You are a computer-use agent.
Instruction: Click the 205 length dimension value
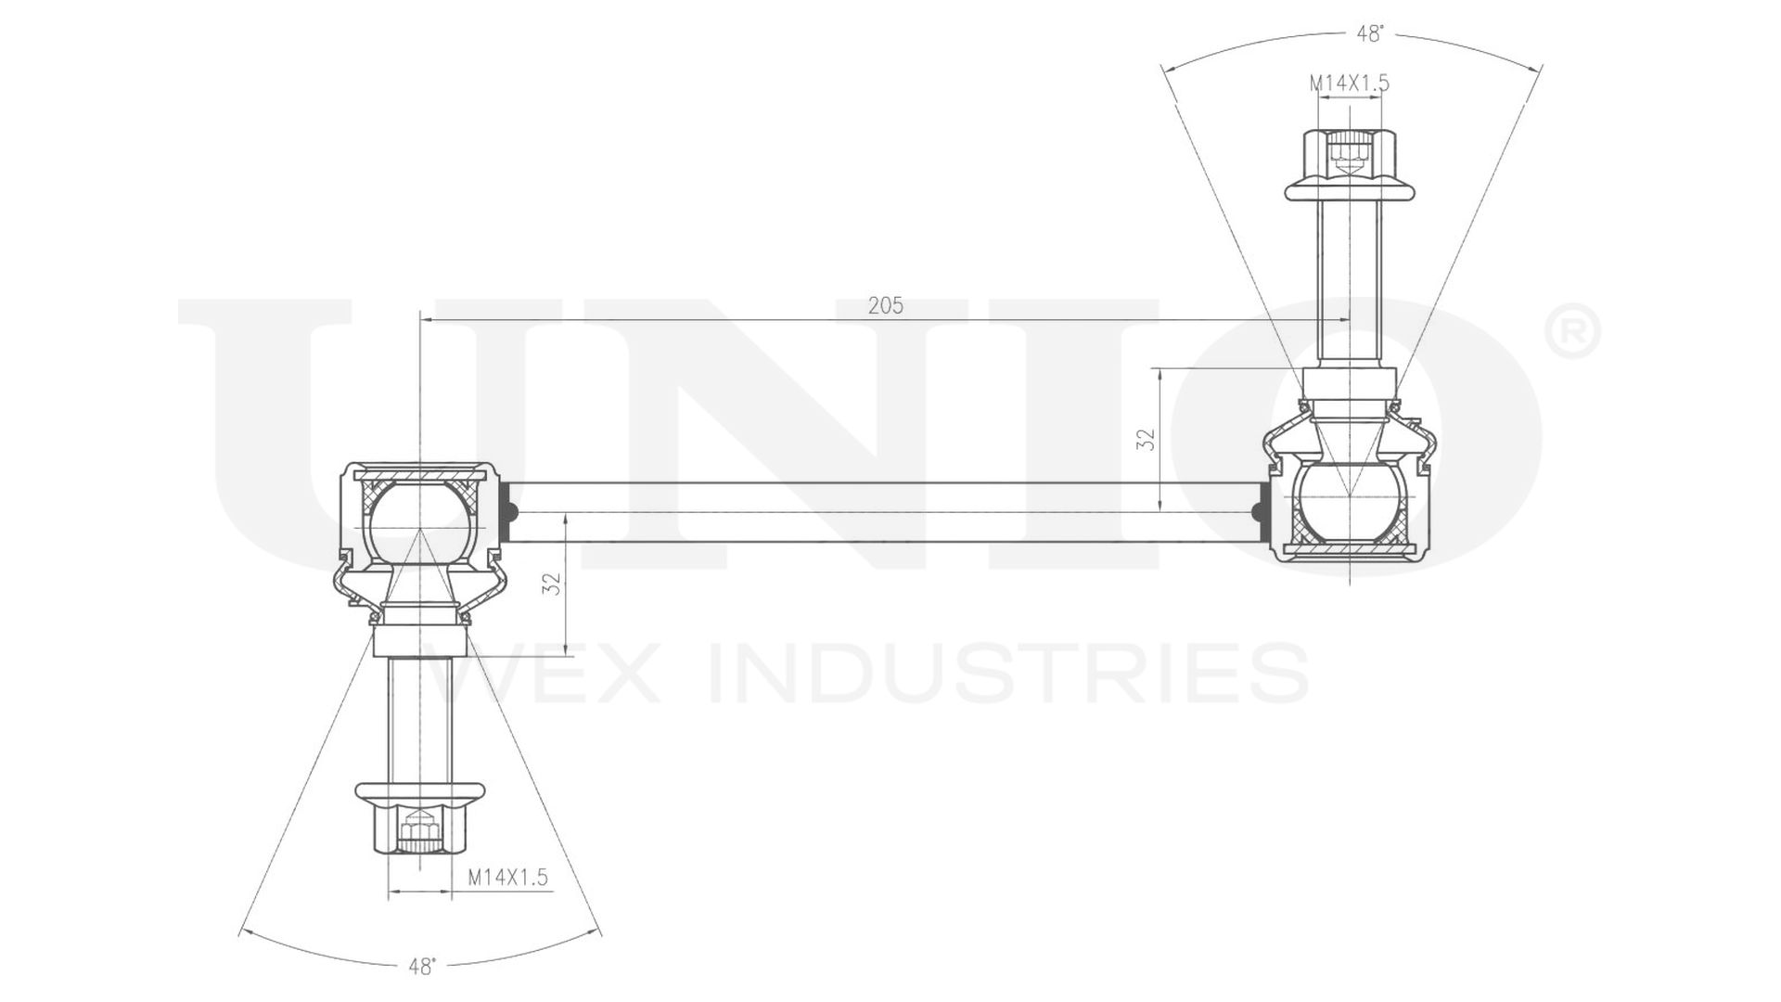(885, 305)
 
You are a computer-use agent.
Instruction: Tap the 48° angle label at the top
(1370, 34)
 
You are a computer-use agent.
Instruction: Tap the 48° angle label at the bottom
(421, 967)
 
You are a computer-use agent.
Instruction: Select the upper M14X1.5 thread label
(1349, 83)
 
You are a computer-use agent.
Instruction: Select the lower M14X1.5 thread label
(507, 877)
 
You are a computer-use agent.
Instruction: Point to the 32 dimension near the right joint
(1147, 439)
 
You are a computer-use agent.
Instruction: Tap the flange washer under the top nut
(1351, 190)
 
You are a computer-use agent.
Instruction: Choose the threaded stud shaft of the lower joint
(419, 719)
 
